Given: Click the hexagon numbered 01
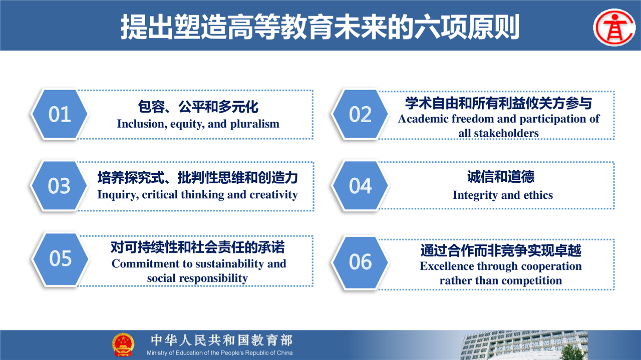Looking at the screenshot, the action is (x=60, y=114).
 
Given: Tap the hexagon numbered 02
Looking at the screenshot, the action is (x=360, y=114).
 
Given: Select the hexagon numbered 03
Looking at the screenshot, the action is (x=59, y=186).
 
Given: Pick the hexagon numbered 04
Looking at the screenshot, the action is (x=360, y=186).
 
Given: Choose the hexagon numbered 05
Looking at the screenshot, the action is (x=60, y=258).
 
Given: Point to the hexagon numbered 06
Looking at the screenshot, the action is (x=360, y=262).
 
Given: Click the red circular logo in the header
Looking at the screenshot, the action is (x=614, y=27).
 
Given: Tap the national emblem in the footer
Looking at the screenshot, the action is (x=123, y=344).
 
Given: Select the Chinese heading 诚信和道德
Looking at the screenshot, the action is (x=501, y=177).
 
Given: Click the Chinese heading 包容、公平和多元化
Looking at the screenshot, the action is (x=198, y=107).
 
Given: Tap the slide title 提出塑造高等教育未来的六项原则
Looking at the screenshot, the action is (x=320, y=27).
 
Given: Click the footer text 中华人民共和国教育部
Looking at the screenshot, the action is (x=222, y=340).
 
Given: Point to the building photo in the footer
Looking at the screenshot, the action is (x=524, y=345).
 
